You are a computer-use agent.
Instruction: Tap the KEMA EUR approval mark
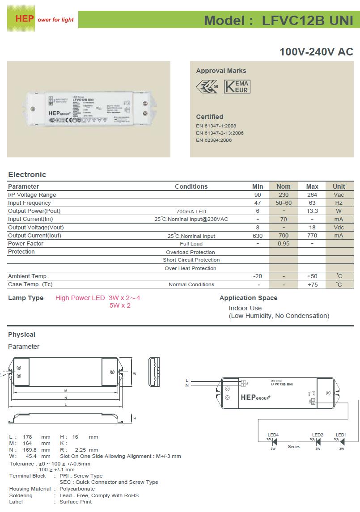pyautogui.click(x=237, y=86)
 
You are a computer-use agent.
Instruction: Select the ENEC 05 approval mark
pyautogui.click(x=207, y=86)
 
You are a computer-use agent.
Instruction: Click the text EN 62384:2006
pyautogui.click(x=214, y=140)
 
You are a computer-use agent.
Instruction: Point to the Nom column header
pyautogui.click(x=284, y=186)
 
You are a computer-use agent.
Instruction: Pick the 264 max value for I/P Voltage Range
pyautogui.click(x=312, y=195)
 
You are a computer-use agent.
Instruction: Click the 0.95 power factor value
pyautogui.click(x=284, y=244)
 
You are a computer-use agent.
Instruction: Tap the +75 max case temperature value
pyautogui.click(x=312, y=284)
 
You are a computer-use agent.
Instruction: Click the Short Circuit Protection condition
pyautogui.click(x=191, y=260)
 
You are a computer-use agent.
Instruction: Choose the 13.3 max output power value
pyautogui.click(x=312, y=211)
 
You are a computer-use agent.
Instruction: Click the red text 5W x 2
pyautogui.click(x=120, y=305)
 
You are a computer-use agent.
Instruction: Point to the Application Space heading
pyautogui.click(x=248, y=298)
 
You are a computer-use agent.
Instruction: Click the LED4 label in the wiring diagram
pyautogui.click(x=273, y=435)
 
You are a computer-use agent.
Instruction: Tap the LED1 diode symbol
pyautogui.click(x=342, y=442)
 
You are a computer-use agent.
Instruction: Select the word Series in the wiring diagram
pyautogui.click(x=294, y=447)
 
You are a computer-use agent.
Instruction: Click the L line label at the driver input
pyautogui.click(x=187, y=380)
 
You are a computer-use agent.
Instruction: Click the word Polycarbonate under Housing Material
pyautogui.click(x=77, y=489)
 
